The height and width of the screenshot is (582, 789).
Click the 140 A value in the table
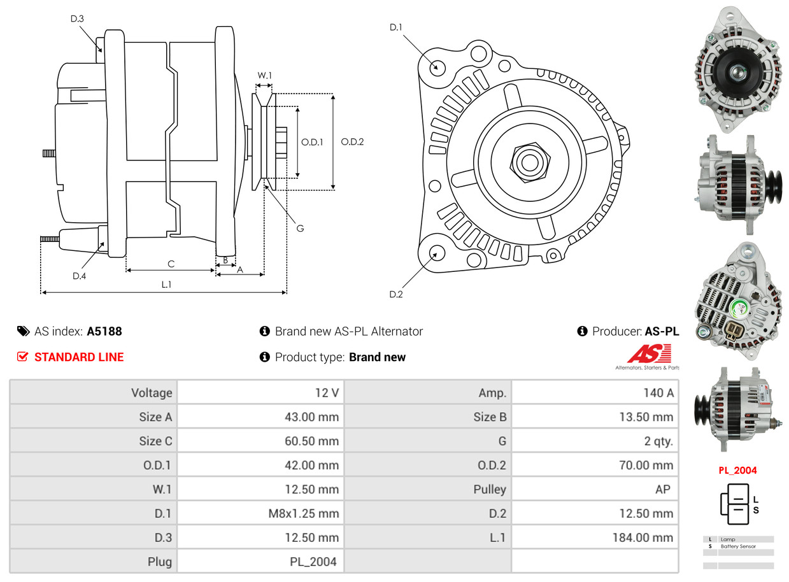[x=658, y=393]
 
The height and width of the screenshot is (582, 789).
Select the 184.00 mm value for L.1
[x=642, y=537]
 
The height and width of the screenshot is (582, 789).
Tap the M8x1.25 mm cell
[x=302, y=513]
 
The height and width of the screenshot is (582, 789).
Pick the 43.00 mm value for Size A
[x=311, y=417]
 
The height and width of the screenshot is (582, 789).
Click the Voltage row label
[x=152, y=393]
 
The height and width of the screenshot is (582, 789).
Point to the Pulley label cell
[x=490, y=489]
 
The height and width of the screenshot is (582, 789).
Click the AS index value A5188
[x=104, y=331]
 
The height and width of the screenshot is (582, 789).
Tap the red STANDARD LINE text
[x=79, y=357]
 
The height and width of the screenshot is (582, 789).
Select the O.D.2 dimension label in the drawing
[x=352, y=142]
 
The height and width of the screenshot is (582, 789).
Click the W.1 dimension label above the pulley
[x=264, y=76]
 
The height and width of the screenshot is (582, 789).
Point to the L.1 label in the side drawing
[x=166, y=285]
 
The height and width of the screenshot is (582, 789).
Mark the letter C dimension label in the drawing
[x=171, y=264]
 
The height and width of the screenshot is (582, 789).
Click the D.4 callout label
[x=79, y=276]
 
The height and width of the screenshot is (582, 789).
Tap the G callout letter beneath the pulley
[x=300, y=228]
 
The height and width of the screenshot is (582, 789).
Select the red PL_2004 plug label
[x=737, y=471]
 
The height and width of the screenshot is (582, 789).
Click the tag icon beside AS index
[x=23, y=331]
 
